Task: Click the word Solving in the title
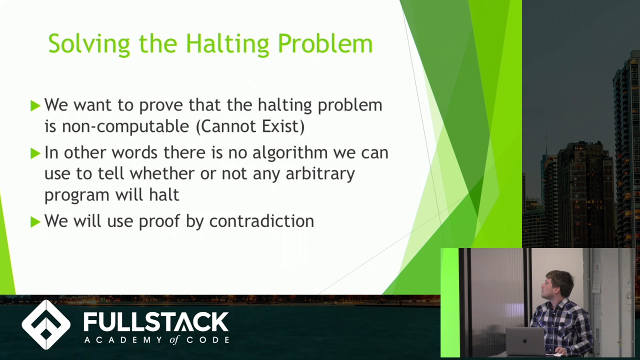coord(88,44)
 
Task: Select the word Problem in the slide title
coord(325,44)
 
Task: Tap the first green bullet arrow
coord(35,105)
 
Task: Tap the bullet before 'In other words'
coord(35,153)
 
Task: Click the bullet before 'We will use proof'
coord(35,221)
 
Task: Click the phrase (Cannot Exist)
coord(250,126)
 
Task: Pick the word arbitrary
coord(320,173)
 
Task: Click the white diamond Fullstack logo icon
coord(46,325)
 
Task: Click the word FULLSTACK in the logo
coord(156,321)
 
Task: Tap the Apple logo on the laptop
coord(524,341)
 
